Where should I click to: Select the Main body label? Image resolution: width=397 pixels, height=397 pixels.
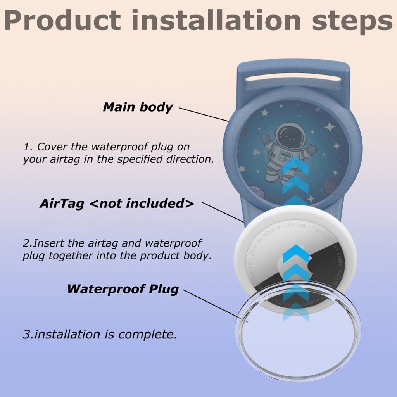138,107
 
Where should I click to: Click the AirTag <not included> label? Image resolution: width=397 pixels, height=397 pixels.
117,204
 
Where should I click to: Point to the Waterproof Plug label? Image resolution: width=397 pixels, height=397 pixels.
123,289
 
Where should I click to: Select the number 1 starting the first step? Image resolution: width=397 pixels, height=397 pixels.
27,147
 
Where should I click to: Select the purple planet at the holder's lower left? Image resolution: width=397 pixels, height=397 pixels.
255,192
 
